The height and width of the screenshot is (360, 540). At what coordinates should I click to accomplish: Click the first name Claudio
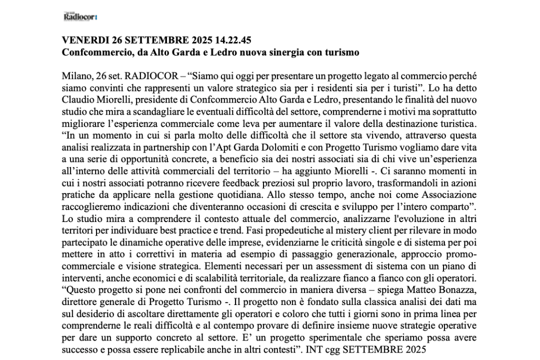(x=79, y=97)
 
